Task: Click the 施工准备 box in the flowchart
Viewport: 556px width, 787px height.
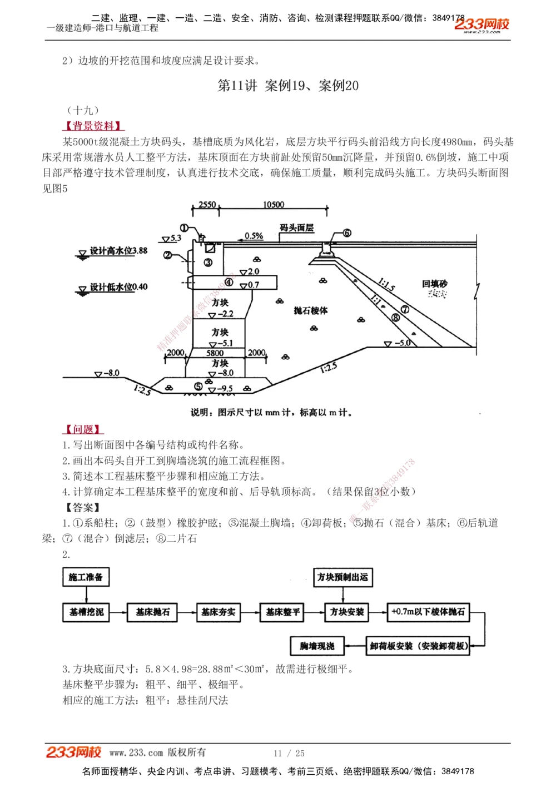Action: (86, 577)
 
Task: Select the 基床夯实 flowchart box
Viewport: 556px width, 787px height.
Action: (218, 612)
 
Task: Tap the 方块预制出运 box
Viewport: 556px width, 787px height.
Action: (342, 577)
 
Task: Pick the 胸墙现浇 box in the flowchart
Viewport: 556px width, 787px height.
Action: (317, 646)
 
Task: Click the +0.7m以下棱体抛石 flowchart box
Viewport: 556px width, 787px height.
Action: (428, 612)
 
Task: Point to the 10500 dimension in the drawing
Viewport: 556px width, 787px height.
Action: (274, 205)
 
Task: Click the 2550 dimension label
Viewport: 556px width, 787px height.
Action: (207, 205)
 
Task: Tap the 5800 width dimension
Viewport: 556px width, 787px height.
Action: (215, 353)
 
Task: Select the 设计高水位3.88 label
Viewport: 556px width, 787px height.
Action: (118, 251)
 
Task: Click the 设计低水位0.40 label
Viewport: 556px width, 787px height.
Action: (118, 287)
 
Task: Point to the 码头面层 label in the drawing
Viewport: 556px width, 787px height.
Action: (296, 228)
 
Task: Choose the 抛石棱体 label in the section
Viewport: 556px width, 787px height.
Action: (311, 310)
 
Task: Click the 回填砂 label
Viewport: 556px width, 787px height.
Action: (434, 284)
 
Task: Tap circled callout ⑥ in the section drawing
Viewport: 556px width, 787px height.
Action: (347, 233)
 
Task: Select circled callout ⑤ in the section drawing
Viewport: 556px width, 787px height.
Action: (198, 387)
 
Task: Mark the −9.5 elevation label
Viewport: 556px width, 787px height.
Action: (225, 389)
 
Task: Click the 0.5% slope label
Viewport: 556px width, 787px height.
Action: (254, 236)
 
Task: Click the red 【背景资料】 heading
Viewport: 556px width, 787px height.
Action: (93, 126)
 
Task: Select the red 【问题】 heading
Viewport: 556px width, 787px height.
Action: (83, 429)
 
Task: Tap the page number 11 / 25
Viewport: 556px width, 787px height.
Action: (289, 753)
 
